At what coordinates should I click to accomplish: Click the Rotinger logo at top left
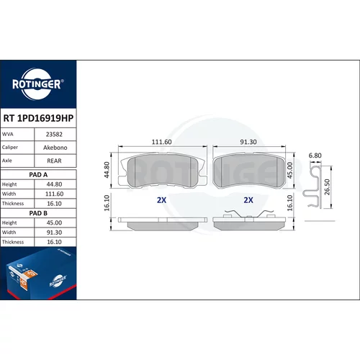(38, 84)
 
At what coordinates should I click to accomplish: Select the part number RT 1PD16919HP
(38, 118)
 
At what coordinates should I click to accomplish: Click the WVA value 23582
(54, 135)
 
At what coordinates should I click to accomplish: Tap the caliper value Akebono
(55, 148)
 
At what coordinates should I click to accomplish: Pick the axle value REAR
(54, 161)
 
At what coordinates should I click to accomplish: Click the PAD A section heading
(38, 175)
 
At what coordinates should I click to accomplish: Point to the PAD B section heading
(38, 213)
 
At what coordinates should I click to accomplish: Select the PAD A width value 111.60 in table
(55, 194)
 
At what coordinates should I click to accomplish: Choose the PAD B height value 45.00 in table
(54, 222)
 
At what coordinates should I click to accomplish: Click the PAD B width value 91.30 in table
(55, 233)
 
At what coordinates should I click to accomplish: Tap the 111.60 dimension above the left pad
(162, 142)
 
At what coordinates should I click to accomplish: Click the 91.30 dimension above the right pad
(248, 142)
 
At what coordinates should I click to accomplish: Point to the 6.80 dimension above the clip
(315, 156)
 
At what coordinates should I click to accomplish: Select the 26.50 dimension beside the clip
(327, 187)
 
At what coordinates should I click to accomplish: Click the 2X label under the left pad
(161, 200)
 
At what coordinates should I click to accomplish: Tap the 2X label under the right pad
(248, 200)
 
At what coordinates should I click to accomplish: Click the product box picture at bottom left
(38, 274)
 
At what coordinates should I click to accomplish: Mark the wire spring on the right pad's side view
(249, 213)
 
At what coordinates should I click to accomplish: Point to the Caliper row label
(10, 148)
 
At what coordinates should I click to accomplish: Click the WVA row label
(8, 134)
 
